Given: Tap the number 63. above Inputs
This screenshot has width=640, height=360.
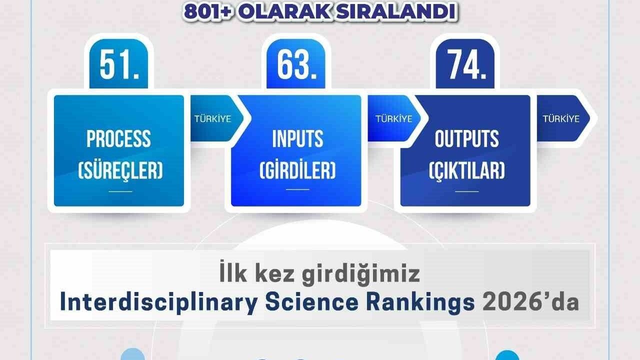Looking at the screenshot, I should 296,65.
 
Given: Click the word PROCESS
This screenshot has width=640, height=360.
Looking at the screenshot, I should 118,139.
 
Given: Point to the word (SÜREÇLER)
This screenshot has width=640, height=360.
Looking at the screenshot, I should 120,171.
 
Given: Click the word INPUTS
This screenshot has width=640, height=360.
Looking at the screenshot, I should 297,139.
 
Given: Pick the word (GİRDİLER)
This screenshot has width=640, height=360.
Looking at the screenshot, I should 297,171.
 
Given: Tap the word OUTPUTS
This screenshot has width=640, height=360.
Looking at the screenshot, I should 466,139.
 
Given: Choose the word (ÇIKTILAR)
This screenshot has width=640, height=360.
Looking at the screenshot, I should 466,171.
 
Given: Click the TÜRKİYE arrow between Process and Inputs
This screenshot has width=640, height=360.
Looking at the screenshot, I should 212,119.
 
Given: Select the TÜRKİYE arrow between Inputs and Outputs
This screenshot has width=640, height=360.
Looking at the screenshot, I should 394,119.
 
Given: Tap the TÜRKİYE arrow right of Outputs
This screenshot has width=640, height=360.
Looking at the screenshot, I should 561,119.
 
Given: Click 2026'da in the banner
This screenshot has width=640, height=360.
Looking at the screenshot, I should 529,302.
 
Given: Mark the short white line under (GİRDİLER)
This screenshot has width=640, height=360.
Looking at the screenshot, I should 297,189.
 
